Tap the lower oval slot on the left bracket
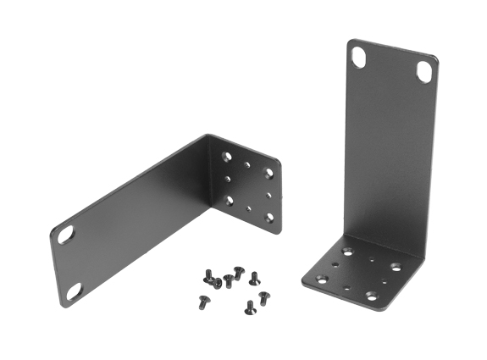tap(74, 291)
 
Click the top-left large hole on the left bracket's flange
tap(226, 156)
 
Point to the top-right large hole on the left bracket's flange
tap(269, 173)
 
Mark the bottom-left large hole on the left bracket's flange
tap(229, 200)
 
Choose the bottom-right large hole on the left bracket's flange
tap(270, 218)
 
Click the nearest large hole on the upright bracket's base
tap(372, 294)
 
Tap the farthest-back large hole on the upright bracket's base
tap(348, 252)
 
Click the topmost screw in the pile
tap(240, 272)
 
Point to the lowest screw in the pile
tap(250, 307)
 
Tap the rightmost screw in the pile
tap(263, 296)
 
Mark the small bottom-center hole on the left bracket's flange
tap(249, 208)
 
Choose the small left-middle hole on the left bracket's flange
tap(228, 178)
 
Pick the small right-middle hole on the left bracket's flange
tap(269, 195)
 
